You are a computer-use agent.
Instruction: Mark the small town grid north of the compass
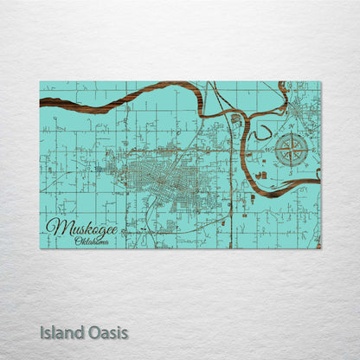(x=301, y=108)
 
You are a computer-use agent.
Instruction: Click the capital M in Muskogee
(x=55, y=228)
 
